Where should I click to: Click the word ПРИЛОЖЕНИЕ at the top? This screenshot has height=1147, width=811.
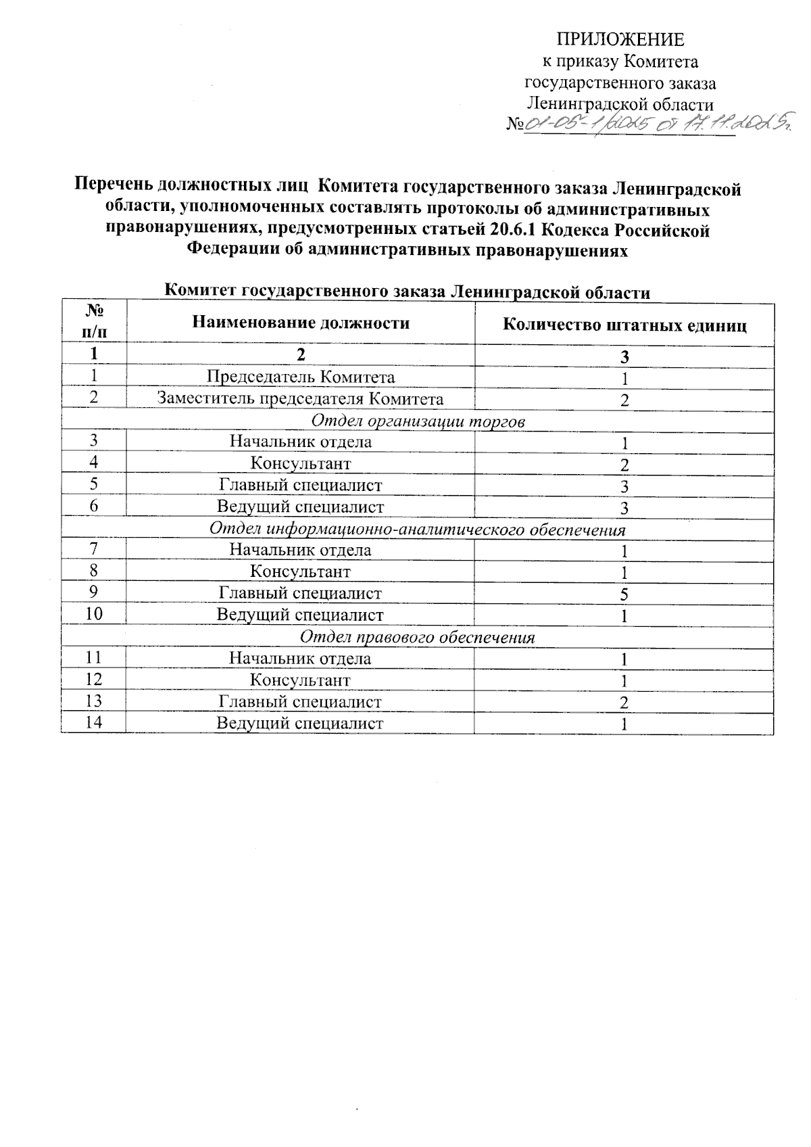(620, 40)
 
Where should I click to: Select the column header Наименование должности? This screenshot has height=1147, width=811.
(301, 323)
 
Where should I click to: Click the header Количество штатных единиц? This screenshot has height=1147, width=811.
(624, 325)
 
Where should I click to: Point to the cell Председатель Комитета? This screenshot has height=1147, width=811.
(301, 377)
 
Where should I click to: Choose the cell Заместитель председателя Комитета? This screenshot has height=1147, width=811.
(301, 398)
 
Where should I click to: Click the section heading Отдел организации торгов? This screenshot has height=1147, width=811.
(418, 421)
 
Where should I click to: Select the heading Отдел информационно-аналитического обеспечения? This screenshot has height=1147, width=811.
(418, 529)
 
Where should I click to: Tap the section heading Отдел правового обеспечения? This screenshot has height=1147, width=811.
(418, 637)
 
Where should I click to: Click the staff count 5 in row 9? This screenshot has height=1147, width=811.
(625, 594)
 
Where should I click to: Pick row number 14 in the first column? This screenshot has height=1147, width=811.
(94, 722)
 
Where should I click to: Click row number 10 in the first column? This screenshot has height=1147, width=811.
(94, 614)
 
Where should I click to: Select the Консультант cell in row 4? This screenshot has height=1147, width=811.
(301, 463)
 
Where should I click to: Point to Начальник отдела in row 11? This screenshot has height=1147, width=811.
(301, 658)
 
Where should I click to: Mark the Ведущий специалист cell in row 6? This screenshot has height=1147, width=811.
(301, 507)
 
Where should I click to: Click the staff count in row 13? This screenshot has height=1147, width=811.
(625, 703)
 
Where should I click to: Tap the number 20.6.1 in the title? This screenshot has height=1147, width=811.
(512, 231)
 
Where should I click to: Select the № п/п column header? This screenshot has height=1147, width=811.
(95, 321)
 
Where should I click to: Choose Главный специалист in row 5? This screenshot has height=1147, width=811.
(301, 485)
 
